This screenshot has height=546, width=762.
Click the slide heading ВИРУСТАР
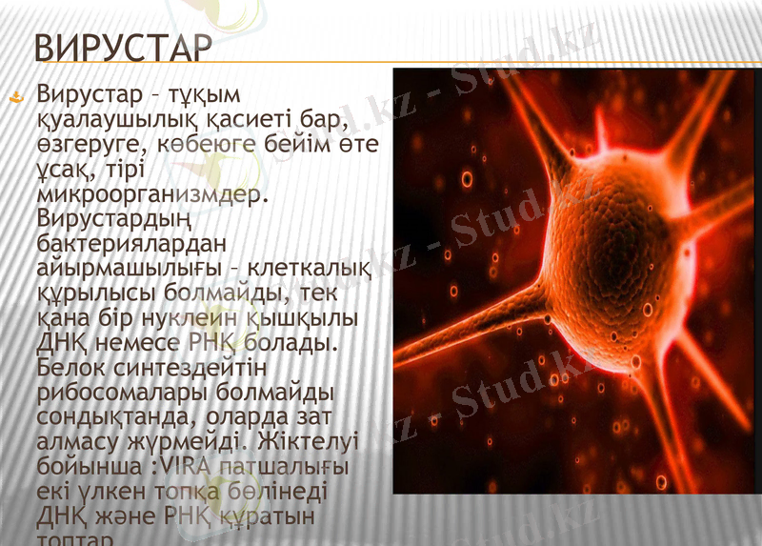point(121,49)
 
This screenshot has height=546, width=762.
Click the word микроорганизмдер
point(148,194)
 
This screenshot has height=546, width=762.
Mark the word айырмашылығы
point(129,268)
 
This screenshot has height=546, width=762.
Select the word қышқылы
point(302,317)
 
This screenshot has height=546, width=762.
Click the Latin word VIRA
point(187,467)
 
